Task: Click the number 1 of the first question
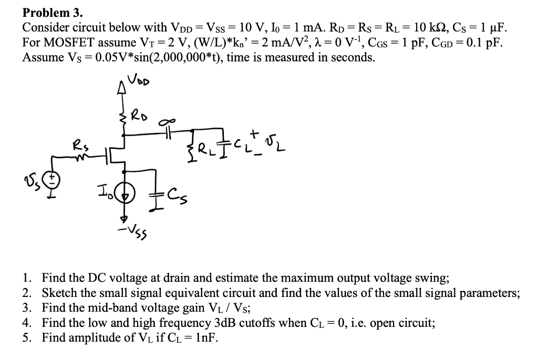26,278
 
